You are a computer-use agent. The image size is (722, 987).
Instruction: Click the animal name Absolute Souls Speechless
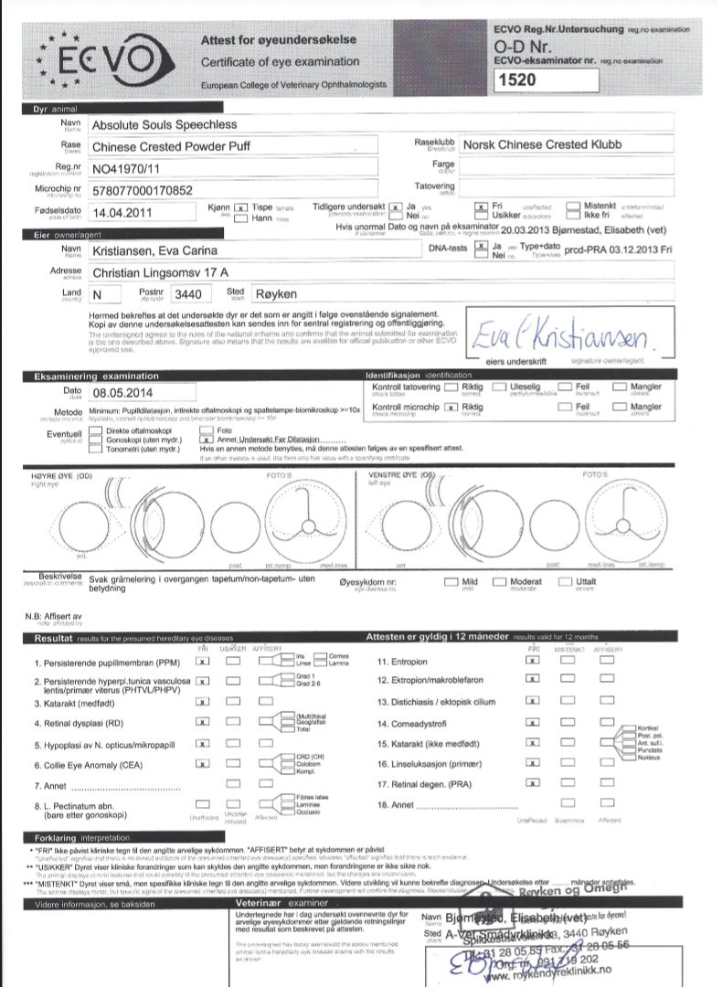coord(165,123)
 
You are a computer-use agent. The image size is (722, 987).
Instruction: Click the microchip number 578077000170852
coord(143,190)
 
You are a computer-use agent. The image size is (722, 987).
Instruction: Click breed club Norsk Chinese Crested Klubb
coord(542,144)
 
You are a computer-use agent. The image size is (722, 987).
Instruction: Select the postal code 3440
coord(187,294)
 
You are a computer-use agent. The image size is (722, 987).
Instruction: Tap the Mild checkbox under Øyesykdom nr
coord(451,582)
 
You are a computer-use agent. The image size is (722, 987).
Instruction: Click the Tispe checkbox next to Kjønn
coord(240,207)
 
